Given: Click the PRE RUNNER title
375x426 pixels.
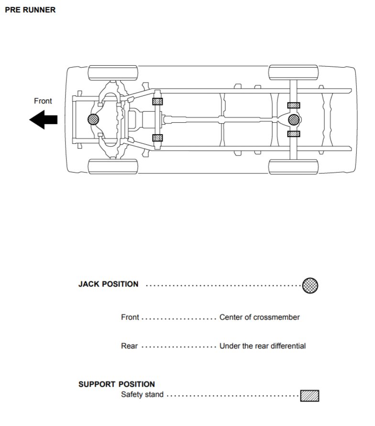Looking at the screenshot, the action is coord(30,10).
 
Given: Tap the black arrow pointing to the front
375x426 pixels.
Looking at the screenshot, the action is coord(44,119).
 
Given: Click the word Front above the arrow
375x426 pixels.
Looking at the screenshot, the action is coord(43,101).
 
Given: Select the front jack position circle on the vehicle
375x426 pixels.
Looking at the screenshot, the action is coord(93,119).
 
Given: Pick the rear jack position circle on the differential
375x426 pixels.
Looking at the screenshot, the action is coord(294,119).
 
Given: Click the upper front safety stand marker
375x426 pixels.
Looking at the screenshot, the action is coord(157,102).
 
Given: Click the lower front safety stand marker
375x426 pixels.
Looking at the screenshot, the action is coord(157,138).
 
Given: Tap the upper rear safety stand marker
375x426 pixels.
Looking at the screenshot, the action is coord(294,105).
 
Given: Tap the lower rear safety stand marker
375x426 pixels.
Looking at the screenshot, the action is coord(294,134).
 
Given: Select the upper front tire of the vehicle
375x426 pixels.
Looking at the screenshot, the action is coord(113,73).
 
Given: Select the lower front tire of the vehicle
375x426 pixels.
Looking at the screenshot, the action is coord(113,166).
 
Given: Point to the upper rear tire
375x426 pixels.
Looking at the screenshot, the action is coord(293,72).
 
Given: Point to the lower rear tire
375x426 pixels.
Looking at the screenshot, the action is coord(293,167).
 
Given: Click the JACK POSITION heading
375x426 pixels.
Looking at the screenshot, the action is coord(109,284).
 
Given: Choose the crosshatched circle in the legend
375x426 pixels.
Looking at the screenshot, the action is coord(310,285).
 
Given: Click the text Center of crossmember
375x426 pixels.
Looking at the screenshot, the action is coord(260,317).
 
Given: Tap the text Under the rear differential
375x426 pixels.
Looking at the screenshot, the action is coord(263,346).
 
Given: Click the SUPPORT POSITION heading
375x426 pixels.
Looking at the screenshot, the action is coord(117,384).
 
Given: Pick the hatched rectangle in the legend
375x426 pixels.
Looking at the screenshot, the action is coord(309,396).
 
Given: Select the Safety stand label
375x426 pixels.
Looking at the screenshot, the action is coord(142,394).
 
